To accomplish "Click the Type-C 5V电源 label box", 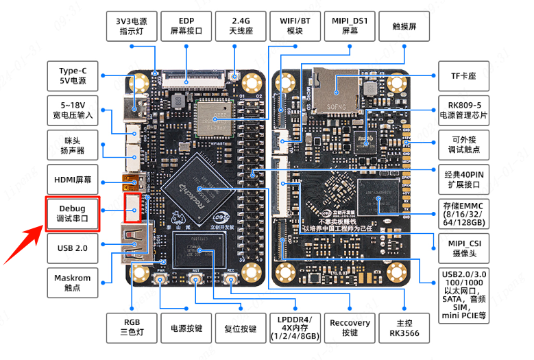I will coord(73,75).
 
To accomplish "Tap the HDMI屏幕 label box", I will coord(73,179).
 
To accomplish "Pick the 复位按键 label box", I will coord(241,328).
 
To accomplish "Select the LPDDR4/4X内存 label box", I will coord(295,328).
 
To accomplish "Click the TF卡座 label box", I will coord(463,76).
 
